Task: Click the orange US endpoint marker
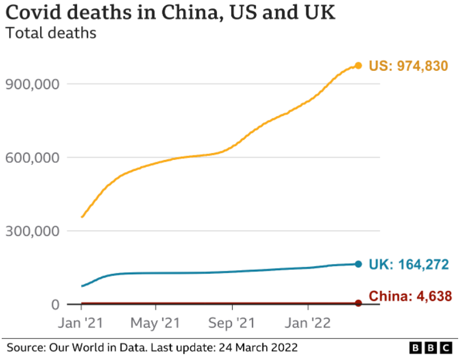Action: tap(358, 66)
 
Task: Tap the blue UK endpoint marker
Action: tap(358, 264)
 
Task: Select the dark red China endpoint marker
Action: tap(358, 303)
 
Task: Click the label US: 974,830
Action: tap(408, 66)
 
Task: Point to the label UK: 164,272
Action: tap(408, 265)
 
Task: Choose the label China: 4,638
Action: tap(410, 297)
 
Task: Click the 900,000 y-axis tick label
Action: tap(32, 84)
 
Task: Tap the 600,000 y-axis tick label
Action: tap(32, 158)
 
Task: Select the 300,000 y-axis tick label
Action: tap(32, 231)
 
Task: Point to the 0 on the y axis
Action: tap(55, 305)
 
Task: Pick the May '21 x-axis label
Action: tap(155, 323)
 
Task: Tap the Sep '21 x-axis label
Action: tap(232, 323)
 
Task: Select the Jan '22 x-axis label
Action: tap(308, 323)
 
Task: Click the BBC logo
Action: tap(431, 347)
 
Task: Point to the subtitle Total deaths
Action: tap(51, 33)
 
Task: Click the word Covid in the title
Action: tap(31, 12)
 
